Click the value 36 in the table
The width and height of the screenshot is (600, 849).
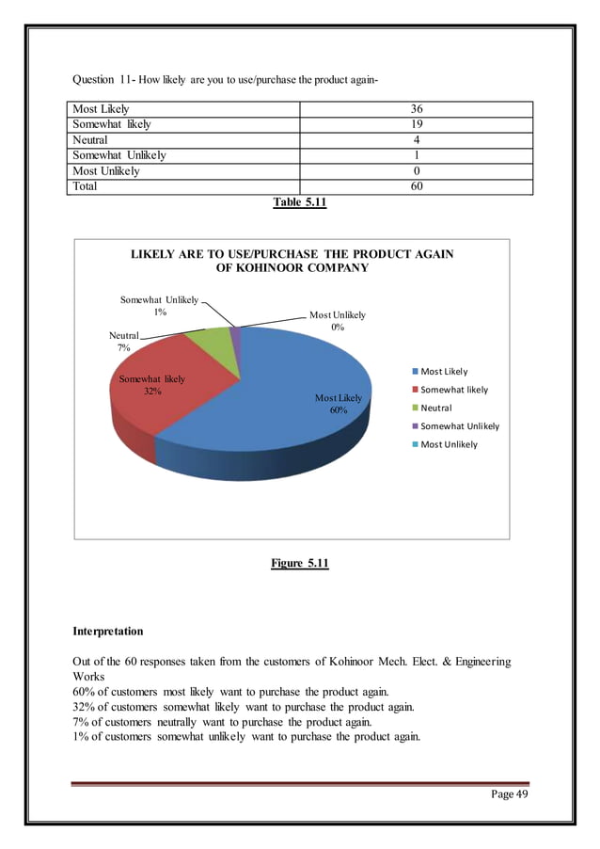(416, 109)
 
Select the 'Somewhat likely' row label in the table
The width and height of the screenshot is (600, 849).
(112, 124)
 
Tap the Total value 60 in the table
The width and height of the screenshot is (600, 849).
(416, 186)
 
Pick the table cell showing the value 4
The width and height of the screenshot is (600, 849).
(416, 140)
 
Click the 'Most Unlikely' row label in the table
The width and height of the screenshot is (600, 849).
(106, 171)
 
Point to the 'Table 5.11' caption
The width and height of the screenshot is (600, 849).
(299, 202)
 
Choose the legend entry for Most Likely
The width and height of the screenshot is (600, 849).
(443, 372)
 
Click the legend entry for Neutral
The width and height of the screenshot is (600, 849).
(435, 408)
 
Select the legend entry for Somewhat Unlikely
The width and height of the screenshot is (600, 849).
(459, 426)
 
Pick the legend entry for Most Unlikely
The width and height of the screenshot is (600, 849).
(448, 444)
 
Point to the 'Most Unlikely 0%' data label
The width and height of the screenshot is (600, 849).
(338, 321)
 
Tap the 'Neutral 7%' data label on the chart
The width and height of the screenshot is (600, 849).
(124, 341)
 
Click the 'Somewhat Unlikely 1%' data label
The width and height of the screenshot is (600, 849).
(160, 306)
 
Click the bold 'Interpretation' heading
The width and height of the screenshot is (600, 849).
(111, 628)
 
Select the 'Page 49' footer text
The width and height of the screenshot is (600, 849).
(510, 795)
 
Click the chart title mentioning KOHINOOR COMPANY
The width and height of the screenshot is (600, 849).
(292, 261)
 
